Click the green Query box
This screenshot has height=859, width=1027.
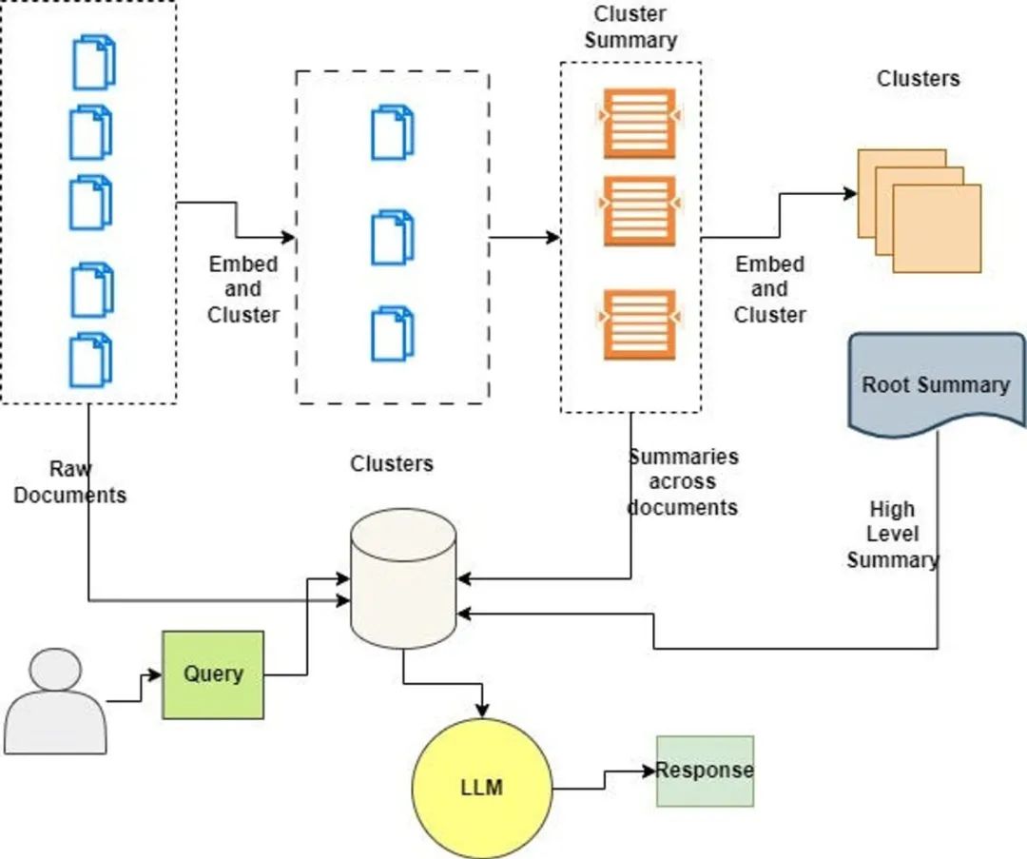click(213, 674)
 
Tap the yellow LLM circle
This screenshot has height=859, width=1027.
click(482, 789)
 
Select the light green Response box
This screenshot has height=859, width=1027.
click(705, 771)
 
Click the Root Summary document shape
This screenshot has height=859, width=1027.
click(936, 385)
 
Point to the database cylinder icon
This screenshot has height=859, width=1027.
click(403, 578)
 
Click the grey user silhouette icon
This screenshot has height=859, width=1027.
click(56, 701)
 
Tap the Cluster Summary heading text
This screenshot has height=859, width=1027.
click(630, 28)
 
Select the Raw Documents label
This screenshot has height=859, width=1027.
click(70, 482)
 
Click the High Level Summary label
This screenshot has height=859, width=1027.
click(893, 535)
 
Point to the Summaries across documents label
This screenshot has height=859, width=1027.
click(683, 481)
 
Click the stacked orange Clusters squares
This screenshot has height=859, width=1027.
click(919, 210)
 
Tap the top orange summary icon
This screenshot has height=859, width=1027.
click(639, 124)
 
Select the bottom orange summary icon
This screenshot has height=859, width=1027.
click(639, 324)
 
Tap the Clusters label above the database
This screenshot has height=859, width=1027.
click(392, 463)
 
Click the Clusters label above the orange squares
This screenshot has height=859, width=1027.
click(918, 78)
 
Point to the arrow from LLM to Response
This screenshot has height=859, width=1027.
click(604, 779)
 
